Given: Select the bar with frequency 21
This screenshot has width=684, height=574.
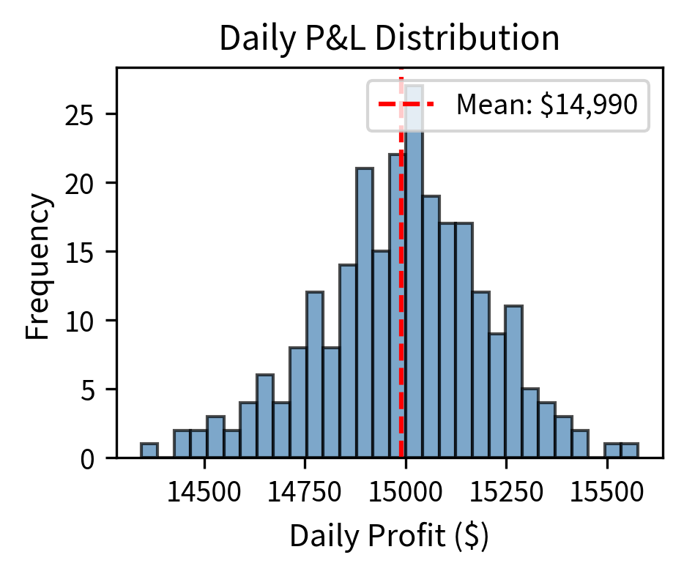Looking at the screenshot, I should click(x=364, y=315).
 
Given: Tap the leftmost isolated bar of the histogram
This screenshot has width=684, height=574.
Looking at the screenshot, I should click(x=149, y=451).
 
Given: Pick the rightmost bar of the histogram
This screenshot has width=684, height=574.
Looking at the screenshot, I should click(x=629, y=451).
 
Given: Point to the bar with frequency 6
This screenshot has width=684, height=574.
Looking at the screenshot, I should click(x=264, y=417).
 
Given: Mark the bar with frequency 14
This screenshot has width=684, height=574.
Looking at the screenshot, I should click(x=348, y=362).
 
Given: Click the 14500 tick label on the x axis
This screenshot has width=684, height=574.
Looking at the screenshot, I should click(x=204, y=491).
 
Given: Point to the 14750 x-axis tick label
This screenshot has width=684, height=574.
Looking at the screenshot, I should click(x=305, y=491).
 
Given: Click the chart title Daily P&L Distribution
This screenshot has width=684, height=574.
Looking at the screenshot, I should click(x=389, y=39).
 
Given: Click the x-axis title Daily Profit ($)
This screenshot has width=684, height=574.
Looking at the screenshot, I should click(x=389, y=537).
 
